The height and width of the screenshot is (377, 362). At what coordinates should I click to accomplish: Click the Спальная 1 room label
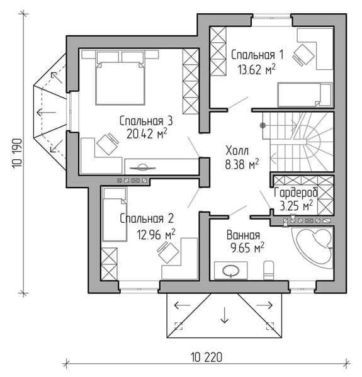coord(257,55)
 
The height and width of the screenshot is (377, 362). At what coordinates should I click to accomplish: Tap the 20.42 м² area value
coord(147,134)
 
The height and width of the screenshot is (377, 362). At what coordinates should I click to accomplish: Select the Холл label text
coord(237,151)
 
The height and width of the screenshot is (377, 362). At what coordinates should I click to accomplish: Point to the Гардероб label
coord(296,193)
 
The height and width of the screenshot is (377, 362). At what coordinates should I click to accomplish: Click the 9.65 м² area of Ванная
coord(247,247)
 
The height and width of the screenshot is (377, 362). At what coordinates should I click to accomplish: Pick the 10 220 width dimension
coord(206,357)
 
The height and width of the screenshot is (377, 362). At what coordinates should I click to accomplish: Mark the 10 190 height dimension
coord(18,153)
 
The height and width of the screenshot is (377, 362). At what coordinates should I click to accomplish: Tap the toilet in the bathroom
coord(268,270)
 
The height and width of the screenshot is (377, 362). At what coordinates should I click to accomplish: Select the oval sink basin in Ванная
coord(231,271)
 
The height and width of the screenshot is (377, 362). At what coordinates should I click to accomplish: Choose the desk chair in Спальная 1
coord(303,55)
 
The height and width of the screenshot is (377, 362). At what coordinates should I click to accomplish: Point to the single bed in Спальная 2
coord(115,215)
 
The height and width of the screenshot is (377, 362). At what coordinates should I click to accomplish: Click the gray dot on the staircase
coord(263,125)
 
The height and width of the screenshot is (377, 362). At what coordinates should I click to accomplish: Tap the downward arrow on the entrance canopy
coord(224,315)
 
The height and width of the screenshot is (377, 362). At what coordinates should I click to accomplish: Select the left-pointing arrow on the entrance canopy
coord(182,305)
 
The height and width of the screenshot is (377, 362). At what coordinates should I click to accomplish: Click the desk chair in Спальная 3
coord(108,143)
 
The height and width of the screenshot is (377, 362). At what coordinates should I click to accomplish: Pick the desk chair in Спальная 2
coord(168,252)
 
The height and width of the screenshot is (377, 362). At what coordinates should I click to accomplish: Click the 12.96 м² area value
coord(156,234)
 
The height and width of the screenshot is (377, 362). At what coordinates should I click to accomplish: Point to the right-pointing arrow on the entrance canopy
coord(264,305)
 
